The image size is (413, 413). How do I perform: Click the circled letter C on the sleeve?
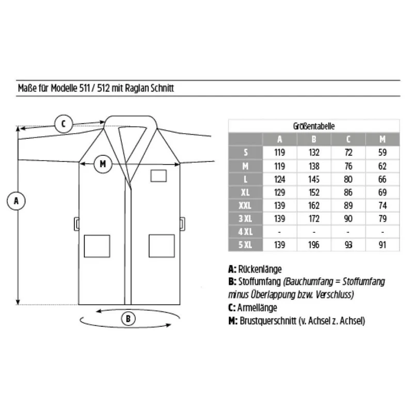click(x=63, y=123)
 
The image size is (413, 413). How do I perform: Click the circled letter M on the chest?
click(x=103, y=164)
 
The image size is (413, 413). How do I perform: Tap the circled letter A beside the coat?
click(x=16, y=201)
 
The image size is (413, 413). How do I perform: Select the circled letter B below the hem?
click(x=128, y=319)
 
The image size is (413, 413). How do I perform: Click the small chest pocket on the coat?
click(x=158, y=176)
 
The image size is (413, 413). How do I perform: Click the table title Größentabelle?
click(x=314, y=126)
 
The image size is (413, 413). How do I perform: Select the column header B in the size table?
click(x=314, y=139)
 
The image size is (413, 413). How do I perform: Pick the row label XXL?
click(x=245, y=205)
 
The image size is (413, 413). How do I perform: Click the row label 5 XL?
click(x=245, y=245)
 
